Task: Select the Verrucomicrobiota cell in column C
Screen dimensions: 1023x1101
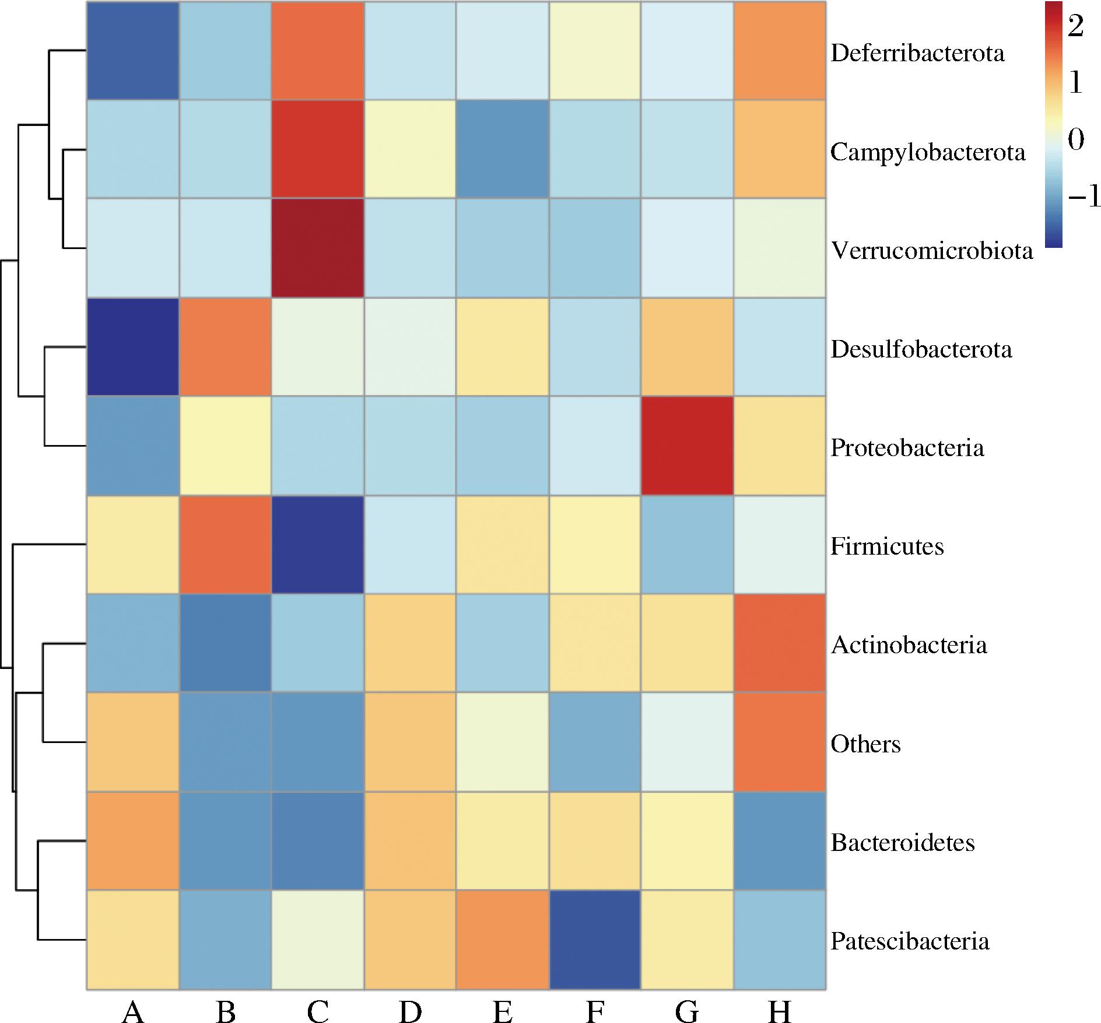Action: click(x=318, y=248)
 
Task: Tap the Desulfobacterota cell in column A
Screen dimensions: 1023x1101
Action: click(x=133, y=347)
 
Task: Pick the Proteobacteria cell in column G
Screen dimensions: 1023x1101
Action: click(x=687, y=446)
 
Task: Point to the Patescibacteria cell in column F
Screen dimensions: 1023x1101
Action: click(x=595, y=940)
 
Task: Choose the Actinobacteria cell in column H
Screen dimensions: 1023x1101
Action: click(x=780, y=643)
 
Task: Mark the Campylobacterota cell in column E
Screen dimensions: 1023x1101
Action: click(x=503, y=149)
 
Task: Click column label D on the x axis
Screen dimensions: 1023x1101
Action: click(x=410, y=996)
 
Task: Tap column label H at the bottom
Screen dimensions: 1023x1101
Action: click(x=780, y=996)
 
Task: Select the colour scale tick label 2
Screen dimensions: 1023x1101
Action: click(x=1075, y=26)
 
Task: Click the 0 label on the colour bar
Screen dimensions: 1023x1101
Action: click(x=1076, y=140)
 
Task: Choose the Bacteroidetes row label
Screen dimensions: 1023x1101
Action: click(x=903, y=842)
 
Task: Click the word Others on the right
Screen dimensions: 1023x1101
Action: click(x=866, y=744)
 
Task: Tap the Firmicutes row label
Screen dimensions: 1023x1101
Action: click(x=887, y=546)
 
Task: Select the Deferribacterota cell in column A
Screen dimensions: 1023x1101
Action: click(x=133, y=51)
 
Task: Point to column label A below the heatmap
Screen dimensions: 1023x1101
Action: click(x=133, y=996)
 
